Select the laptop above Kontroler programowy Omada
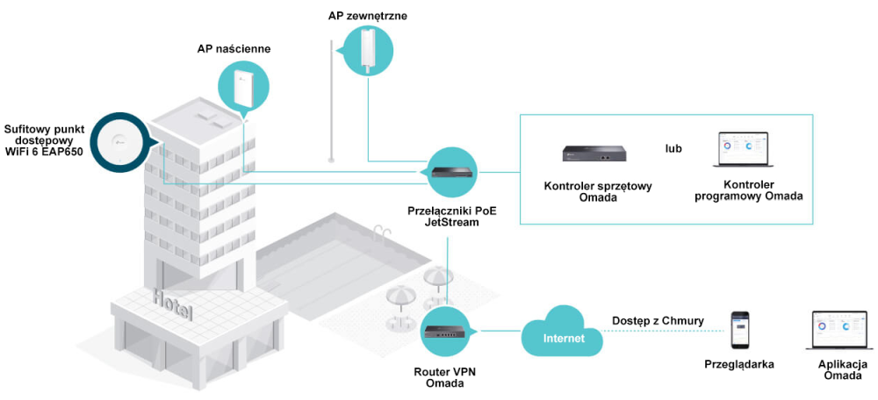click(742, 150)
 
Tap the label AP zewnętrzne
click(368, 16)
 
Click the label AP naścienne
click(234, 49)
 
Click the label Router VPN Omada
click(445, 377)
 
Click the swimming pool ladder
click(378, 232)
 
